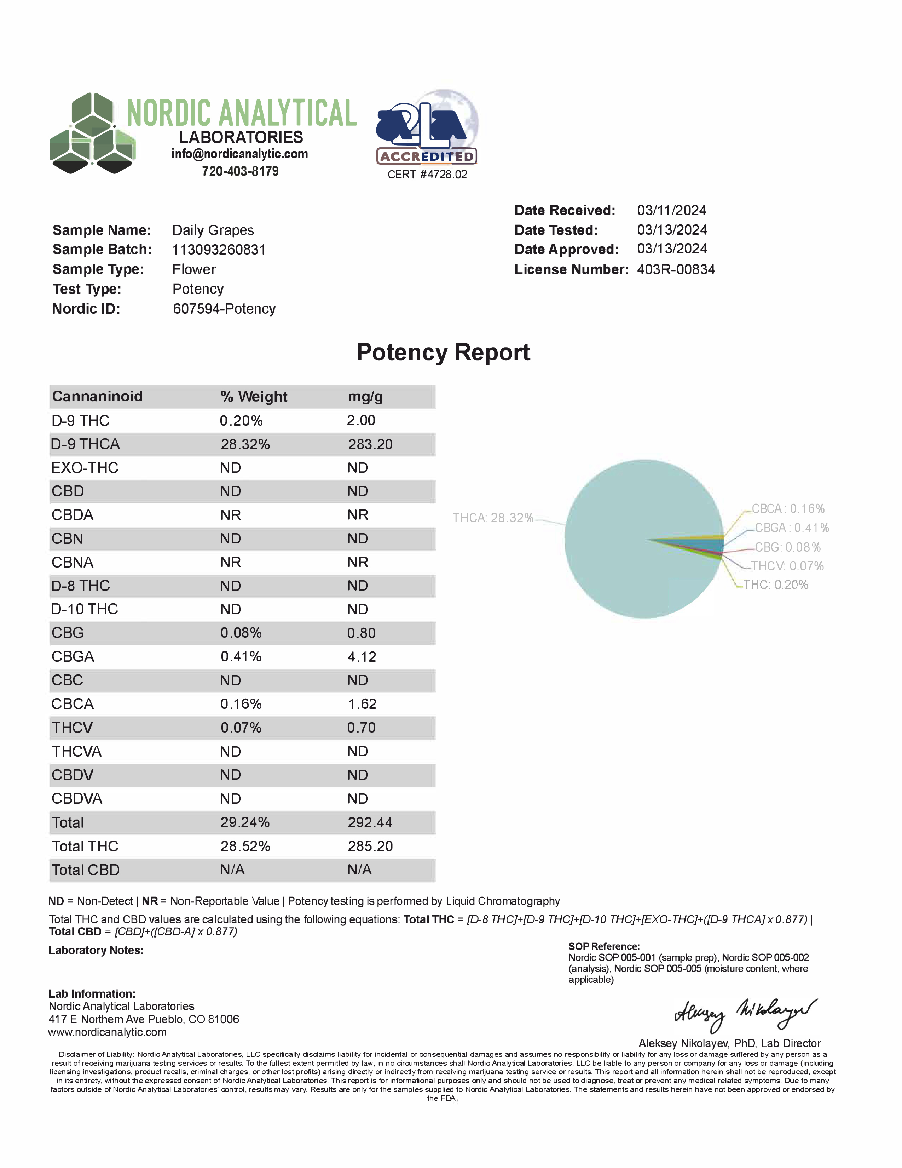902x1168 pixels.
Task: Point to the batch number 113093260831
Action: [x=219, y=250]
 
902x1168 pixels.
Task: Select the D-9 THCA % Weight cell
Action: [x=245, y=444]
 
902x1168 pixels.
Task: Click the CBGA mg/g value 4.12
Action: [x=362, y=657]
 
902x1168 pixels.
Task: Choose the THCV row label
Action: [x=72, y=728]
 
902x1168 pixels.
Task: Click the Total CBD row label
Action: [x=86, y=870]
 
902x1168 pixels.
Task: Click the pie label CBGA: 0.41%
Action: [x=792, y=528]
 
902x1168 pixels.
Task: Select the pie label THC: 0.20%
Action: [x=776, y=585]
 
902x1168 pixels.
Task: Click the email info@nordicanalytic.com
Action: [x=239, y=154]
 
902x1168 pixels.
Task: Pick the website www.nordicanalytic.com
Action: [x=108, y=1032]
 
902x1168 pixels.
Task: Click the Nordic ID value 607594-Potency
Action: [x=224, y=309]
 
